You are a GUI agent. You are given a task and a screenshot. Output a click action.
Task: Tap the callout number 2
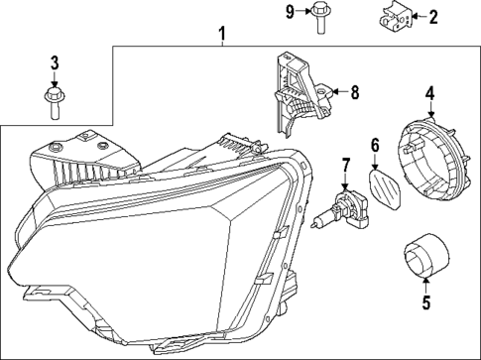431,16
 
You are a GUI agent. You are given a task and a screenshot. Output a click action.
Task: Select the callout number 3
55,65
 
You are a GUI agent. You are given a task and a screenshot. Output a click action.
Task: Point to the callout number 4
429,94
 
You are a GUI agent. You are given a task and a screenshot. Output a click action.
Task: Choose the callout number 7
346,165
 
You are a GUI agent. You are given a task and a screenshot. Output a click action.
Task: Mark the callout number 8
354,93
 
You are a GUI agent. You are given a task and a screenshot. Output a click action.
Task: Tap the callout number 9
291,12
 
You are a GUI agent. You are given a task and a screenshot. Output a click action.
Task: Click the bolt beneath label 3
55,102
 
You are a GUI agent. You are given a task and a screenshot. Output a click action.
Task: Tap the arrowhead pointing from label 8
328,93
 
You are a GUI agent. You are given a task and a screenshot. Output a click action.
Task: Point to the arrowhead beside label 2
416,16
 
